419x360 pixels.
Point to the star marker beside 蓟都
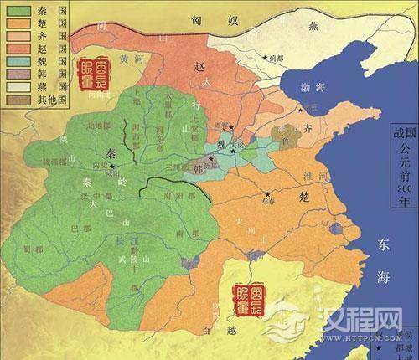(266, 58)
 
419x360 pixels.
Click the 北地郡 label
(99, 126)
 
